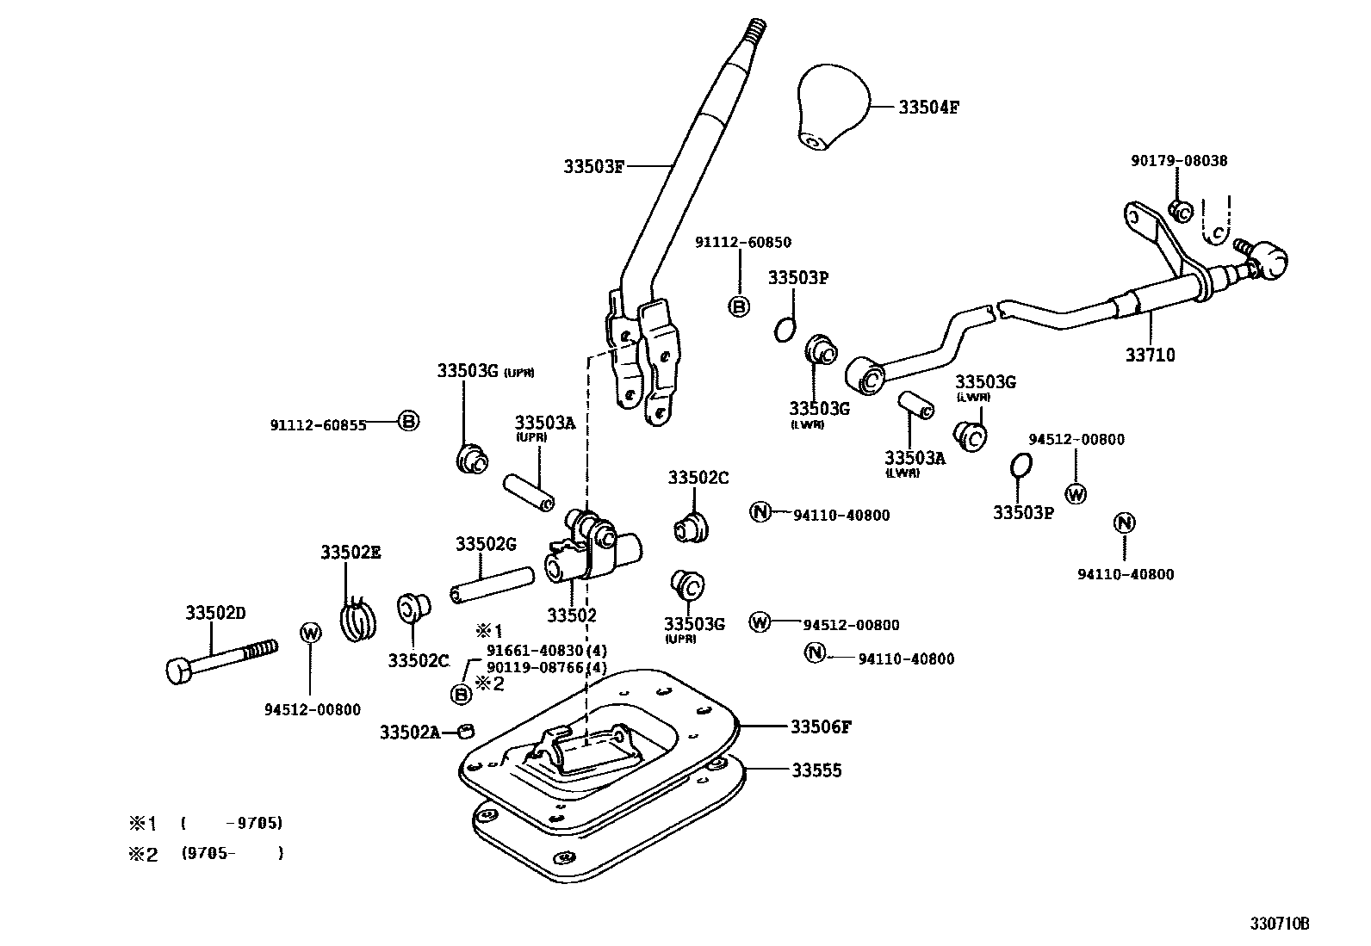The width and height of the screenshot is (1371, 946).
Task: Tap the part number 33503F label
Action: (593, 166)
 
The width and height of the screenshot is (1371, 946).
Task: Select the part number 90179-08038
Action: (1179, 161)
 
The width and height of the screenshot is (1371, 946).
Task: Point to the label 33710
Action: (1151, 355)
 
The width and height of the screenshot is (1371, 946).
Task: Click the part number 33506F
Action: (821, 727)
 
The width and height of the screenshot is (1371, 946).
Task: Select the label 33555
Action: (816, 770)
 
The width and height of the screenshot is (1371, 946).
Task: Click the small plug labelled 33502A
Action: (466, 732)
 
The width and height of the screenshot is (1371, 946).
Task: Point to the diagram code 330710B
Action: (1280, 924)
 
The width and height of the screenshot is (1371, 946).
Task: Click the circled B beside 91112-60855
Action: (409, 422)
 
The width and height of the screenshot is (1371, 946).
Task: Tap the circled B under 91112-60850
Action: (739, 306)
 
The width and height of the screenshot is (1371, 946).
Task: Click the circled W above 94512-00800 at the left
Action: (311, 634)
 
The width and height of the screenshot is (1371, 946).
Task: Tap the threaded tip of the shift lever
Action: (757, 31)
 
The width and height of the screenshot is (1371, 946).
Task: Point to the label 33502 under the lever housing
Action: (572, 615)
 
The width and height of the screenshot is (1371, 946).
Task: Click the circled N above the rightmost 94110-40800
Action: (1124, 522)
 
